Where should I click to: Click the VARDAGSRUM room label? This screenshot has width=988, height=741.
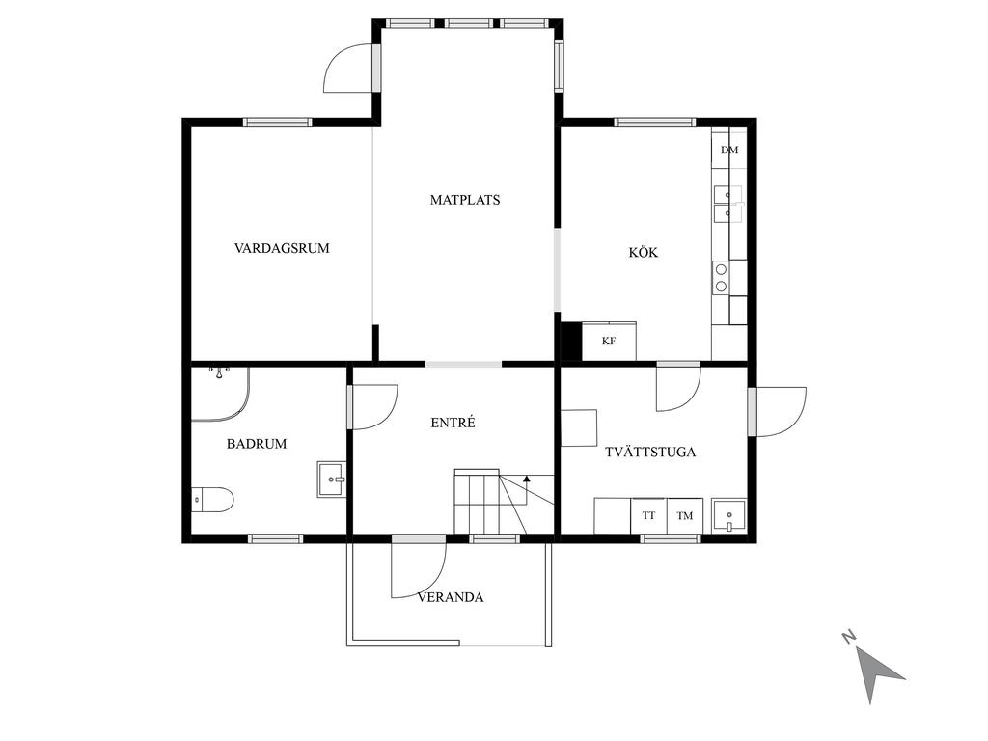(x=282, y=248)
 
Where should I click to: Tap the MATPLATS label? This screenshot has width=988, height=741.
(x=465, y=200)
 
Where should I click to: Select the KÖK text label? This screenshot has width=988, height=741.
(x=644, y=252)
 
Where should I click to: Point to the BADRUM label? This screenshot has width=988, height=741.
(x=257, y=444)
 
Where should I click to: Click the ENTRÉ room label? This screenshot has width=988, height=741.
(x=453, y=423)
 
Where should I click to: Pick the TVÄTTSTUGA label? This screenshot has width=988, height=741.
(x=650, y=452)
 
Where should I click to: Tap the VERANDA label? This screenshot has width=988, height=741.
(x=451, y=597)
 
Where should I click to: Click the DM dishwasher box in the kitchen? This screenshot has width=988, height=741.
(x=729, y=150)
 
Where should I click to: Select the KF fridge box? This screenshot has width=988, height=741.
(x=609, y=341)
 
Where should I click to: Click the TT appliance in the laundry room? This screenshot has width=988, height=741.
(x=649, y=516)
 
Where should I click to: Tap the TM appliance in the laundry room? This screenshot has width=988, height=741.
(x=685, y=516)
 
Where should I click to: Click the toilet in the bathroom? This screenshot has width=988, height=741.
(x=212, y=500)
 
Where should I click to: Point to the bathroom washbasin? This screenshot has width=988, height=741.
(x=332, y=480)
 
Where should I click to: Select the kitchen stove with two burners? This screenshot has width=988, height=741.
(x=721, y=278)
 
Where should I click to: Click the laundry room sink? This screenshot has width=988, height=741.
(x=729, y=516)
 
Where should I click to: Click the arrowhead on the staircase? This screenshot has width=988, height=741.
(x=527, y=479)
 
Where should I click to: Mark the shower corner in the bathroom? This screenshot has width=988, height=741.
(x=221, y=394)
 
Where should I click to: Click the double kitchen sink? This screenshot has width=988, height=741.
(x=727, y=205)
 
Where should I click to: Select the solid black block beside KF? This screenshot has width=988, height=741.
(x=571, y=341)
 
